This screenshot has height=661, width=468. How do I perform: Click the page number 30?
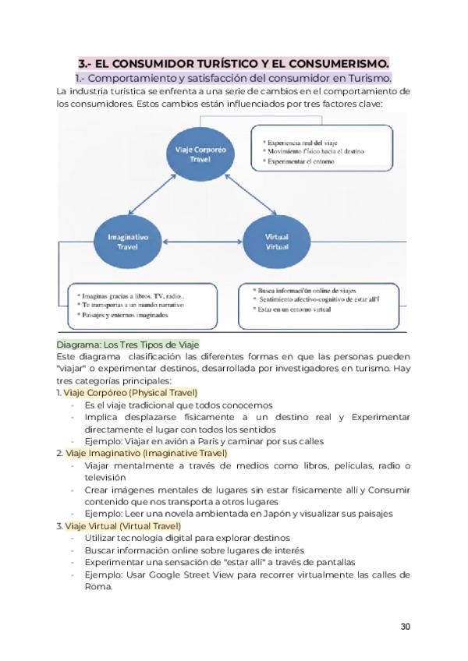click(405, 626)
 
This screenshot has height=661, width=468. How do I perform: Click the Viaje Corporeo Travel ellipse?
click(200, 153)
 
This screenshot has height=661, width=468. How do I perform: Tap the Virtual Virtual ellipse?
click(277, 241)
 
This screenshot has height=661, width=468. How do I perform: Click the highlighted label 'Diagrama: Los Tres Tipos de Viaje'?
click(128, 345)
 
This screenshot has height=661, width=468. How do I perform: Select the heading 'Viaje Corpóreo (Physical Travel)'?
click(130, 393)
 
